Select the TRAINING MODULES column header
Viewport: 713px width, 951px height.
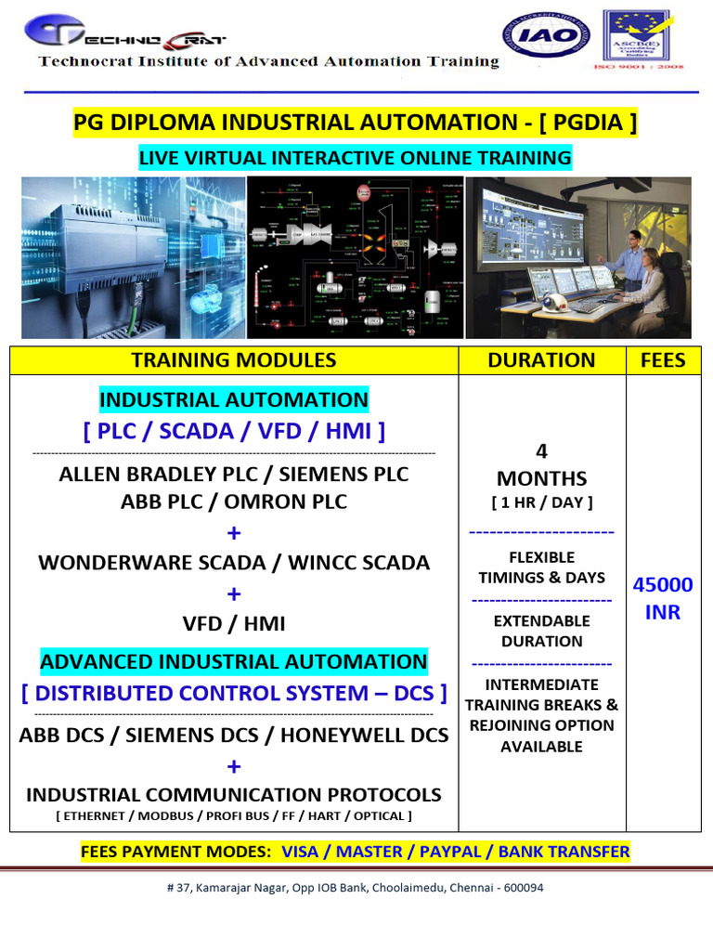234,360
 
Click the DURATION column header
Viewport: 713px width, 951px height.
542,360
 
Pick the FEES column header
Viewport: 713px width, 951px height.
663,360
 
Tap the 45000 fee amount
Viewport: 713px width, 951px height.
663,585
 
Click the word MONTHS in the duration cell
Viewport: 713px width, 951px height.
542,478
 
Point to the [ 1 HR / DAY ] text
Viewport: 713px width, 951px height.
542,502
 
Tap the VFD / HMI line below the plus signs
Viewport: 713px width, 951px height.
234,623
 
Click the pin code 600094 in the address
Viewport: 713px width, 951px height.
523,887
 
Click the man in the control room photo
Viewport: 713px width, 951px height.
633,255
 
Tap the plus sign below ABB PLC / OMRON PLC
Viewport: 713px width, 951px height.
234,532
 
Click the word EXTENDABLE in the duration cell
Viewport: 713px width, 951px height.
542,620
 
